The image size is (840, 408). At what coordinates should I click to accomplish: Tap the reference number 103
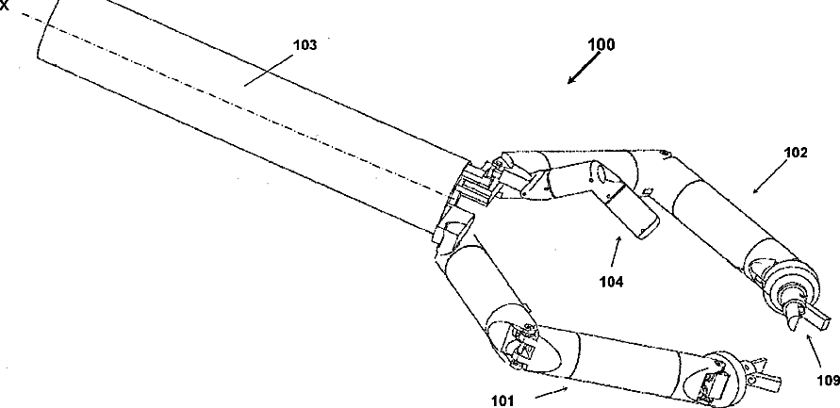pyautogui.click(x=304, y=44)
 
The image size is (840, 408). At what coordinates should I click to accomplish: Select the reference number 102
pyautogui.click(x=796, y=154)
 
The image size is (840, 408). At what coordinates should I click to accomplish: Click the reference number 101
pyautogui.click(x=503, y=400)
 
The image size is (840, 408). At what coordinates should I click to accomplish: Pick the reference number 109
pyautogui.click(x=825, y=381)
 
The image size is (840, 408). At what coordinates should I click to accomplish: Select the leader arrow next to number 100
pyautogui.click(x=582, y=69)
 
